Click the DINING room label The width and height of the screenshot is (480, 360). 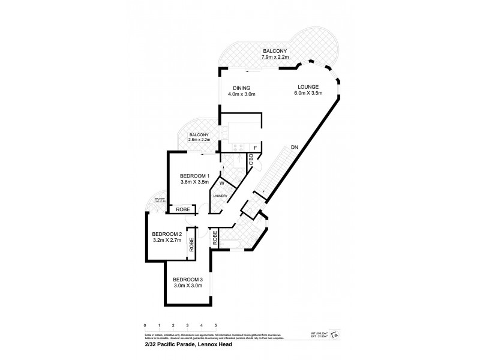pyautogui.click(x=241, y=88)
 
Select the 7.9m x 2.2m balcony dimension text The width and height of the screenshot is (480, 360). pyautogui.click(x=275, y=57)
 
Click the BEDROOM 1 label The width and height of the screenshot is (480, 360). pyautogui.click(x=194, y=175)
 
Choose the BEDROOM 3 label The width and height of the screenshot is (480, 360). pyautogui.click(x=188, y=279)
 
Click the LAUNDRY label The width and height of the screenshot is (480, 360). pyautogui.click(x=219, y=195)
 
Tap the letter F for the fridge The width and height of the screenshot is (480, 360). pyautogui.click(x=255, y=147)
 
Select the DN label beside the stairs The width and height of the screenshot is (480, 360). pyautogui.click(x=294, y=147)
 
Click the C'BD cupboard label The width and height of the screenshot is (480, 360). pyautogui.click(x=251, y=161)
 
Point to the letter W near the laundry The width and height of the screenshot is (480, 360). pyautogui.click(x=221, y=183)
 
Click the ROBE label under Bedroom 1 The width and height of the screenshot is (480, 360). pyautogui.click(x=183, y=210)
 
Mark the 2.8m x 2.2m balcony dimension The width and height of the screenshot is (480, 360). pyautogui.click(x=199, y=140)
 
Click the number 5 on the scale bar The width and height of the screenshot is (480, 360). pyautogui.click(x=215, y=325)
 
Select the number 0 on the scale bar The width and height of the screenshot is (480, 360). pyautogui.click(x=145, y=325)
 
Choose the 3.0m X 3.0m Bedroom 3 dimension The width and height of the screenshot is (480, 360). pyautogui.click(x=188, y=286)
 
